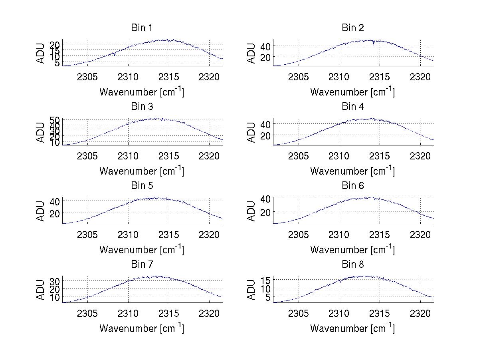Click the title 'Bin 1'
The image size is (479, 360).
(142, 28)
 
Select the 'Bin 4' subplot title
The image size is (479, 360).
(353, 107)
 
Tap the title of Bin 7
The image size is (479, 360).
(142, 265)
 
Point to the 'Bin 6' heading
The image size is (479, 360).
(353, 186)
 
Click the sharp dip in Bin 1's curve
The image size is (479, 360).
(114, 54)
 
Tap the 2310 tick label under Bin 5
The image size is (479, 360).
(128, 235)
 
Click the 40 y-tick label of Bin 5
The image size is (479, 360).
(55, 201)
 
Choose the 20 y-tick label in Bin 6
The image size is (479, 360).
(265, 212)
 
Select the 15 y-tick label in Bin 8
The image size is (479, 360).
(265, 280)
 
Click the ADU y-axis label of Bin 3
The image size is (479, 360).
(41, 132)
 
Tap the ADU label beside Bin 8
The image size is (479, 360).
(251, 290)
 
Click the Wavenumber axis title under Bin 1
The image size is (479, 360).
(142, 92)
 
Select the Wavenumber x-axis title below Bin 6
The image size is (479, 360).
(353, 250)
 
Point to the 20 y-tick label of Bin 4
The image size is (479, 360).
(265, 136)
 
